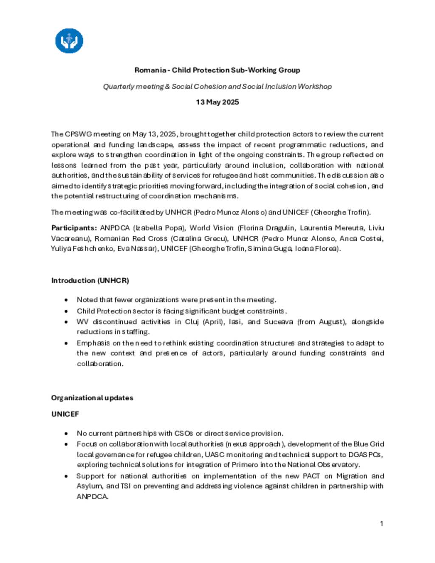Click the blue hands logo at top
pyautogui.click(x=69, y=41)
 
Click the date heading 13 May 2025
pyautogui.click(x=217, y=102)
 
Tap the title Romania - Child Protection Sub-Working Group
pyautogui.click(x=217, y=70)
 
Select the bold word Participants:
pyautogui.click(x=74, y=228)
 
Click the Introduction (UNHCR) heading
pyautogui.click(x=90, y=280)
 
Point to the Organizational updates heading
pyautogui.click(x=92, y=398)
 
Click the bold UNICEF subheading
pyautogui.click(x=65, y=414)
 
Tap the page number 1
pyautogui.click(x=381, y=523)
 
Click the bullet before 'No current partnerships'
pyautogui.click(x=66, y=433)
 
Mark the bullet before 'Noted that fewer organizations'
pyautogui.click(x=66, y=300)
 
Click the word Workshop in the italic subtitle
pyautogui.click(x=315, y=86)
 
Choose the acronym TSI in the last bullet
pyautogui.click(x=125, y=486)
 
